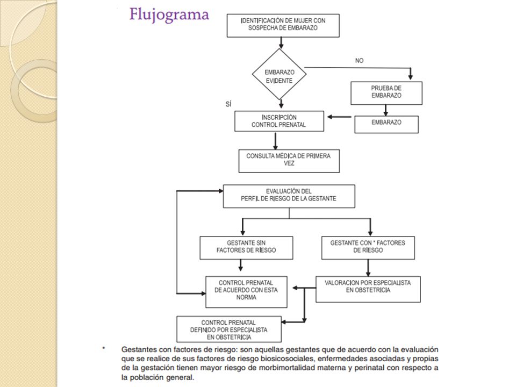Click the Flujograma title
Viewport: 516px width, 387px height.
point(169,15)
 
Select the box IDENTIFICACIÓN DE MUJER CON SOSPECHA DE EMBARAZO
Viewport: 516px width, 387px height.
point(283,25)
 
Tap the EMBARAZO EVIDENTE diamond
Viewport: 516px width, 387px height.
point(279,74)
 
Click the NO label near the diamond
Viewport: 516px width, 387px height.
point(360,61)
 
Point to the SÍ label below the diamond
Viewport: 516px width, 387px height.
point(229,104)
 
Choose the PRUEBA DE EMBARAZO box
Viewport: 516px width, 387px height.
point(386,93)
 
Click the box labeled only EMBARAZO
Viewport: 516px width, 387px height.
point(386,124)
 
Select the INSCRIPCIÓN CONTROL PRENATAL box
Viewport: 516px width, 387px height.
point(279,121)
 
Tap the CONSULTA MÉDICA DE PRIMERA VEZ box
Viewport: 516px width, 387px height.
point(289,161)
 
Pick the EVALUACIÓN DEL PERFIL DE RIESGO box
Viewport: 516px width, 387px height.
point(289,196)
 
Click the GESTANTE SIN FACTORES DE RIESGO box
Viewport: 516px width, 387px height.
point(246,248)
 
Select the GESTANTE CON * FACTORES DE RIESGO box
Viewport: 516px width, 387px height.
point(368,248)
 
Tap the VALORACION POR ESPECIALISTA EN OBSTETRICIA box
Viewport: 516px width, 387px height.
point(368,289)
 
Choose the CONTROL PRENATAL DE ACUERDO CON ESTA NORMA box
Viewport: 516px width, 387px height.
point(246,292)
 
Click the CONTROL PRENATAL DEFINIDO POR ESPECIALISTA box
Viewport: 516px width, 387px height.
point(229,329)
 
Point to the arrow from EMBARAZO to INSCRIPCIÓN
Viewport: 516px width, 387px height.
point(339,117)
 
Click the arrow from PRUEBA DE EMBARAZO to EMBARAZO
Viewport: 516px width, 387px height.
point(386,110)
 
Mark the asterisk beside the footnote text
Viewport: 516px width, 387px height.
point(104,348)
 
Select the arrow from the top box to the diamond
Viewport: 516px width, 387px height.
point(281,43)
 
